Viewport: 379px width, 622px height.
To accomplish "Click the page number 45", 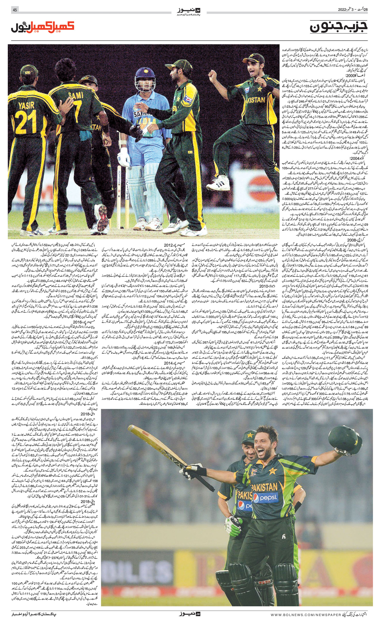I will point(14,10).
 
